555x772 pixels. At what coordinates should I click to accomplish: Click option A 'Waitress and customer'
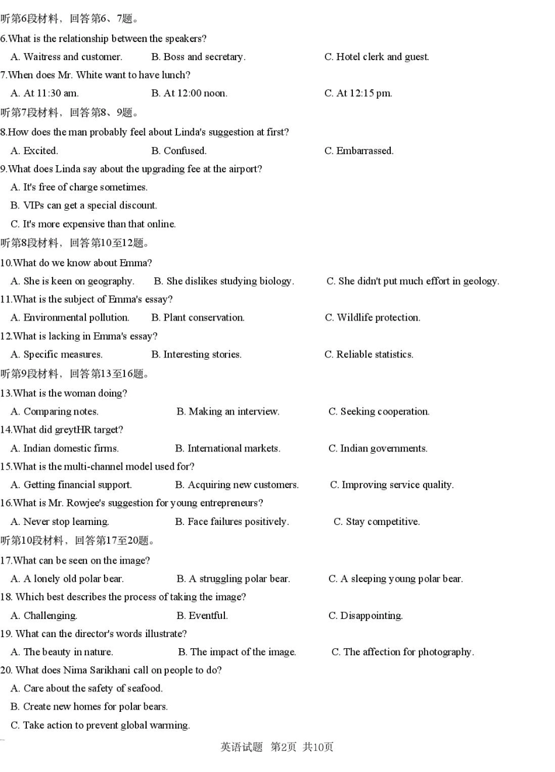click(x=67, y=57)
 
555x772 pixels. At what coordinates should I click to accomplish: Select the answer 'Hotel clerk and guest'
click(x=377, y=57)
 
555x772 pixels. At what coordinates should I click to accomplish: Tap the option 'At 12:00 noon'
click(x=189, y=93)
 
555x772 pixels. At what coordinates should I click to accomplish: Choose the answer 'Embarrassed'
click(x=359, y=151)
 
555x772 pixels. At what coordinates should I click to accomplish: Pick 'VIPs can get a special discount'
click(x=84, y=206)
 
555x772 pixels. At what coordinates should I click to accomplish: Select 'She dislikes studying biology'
click(x=224, y=281)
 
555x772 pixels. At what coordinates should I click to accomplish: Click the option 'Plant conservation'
click(x=197, y=318)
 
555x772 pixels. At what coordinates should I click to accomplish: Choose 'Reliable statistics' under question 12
click(x=369, y=354)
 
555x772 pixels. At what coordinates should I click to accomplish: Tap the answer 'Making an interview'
click(x=228, y=412)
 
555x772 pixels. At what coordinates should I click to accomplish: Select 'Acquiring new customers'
click(x=237, y=485)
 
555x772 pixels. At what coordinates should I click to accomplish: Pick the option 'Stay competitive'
click(x=377, y=521)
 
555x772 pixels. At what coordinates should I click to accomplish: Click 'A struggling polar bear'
click(x=233, y=579)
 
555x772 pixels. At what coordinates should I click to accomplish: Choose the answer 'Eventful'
click(x=202, y=615)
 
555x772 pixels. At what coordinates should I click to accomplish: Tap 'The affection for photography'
click(x=403, y=652)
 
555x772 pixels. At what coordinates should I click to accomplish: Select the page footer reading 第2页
click(x=283, y=747)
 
